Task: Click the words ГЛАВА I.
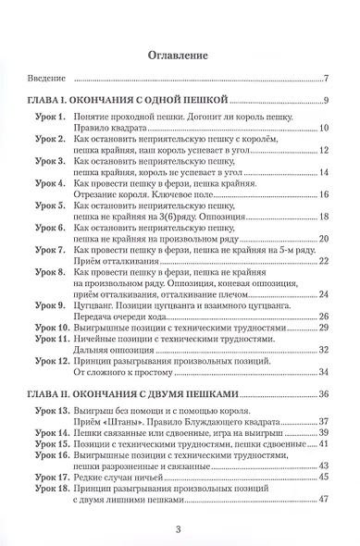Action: tap(54, 100)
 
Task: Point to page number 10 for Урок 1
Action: tap(324, 129)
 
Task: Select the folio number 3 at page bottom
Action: tap(180, 527)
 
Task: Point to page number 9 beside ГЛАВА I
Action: tap(327, 100)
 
